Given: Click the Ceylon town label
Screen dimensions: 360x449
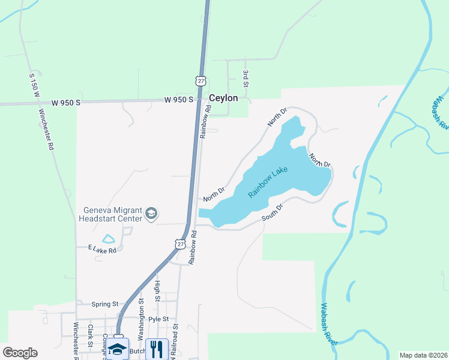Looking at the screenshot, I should [x=223, y=98].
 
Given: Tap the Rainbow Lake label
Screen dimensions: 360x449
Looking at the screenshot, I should [x=268, y=183].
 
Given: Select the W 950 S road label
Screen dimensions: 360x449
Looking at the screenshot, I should [x=179, y=100].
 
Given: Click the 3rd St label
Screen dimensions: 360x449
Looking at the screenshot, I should [x=246, y=76].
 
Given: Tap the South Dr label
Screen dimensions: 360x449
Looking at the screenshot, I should [x=272, y=212].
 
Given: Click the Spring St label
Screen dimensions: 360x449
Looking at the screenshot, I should [x=106, y=304].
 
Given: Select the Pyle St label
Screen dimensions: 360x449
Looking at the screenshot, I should [x=159, y=319].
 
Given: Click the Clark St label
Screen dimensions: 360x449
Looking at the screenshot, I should [x=89, y=336].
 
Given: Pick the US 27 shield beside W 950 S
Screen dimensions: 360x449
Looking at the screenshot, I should [x=200, y=80].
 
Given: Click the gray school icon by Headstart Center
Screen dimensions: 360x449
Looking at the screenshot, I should [x=152, y=213].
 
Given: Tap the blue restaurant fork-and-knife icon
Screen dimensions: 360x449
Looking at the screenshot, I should [x=156, y=349].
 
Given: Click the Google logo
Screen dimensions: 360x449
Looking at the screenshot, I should [x=20, y=353].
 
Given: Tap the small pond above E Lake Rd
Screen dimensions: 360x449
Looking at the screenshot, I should [x=109, y=239].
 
